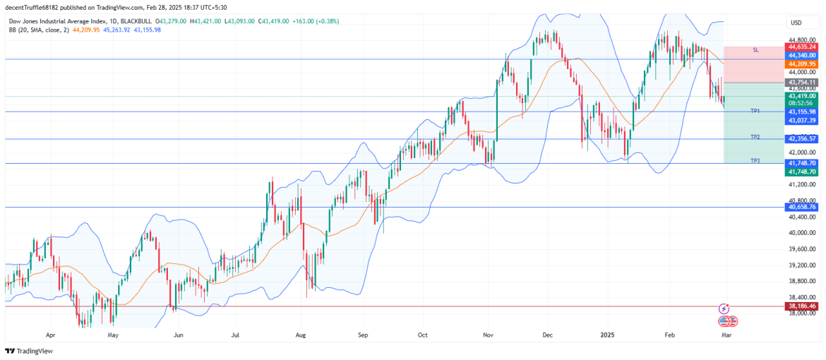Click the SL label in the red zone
[x=755, y=50]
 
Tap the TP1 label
[x=755, y=112]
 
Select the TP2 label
[x=755, y=137]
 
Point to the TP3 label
[x=755, y=161]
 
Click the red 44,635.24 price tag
[x=802, y=47]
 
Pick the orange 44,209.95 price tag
[x=802, y=64]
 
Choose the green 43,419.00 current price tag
[x=802, y=95]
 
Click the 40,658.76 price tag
[x=802, y=207]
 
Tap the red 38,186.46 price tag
[x=802, y=306]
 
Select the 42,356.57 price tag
[x=802, y=139]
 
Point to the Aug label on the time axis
[x=300, y=336]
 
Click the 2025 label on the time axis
[x=606, y=336]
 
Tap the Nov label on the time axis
[x=487, y=336]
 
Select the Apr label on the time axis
[x=50, y=336]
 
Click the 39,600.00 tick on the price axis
[x=802, y=249]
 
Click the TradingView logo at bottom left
[x=29, y=351]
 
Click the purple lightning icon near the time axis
[x=724, y=308]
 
